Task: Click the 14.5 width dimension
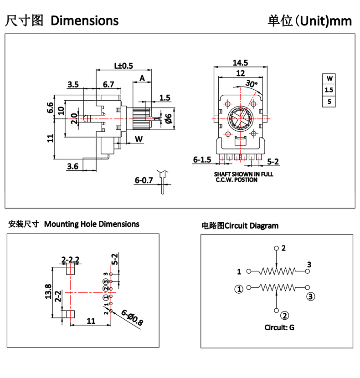pos(240,63)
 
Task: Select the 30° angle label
pos(251,84)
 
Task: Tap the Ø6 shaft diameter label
pos(168,118)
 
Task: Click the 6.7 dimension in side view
pos(108,84)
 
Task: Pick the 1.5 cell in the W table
pos(329,90)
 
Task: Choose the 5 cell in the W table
pos(329,102)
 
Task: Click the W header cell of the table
pos(329,78)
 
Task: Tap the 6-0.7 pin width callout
pos(144,181)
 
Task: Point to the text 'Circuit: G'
pos(279,327)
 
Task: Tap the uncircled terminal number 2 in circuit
pos(283,248)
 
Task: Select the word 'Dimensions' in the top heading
pos(85,20)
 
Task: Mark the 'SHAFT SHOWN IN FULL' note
pos(244,174)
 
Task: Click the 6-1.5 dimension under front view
pos(202,160)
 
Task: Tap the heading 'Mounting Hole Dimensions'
pos(92,224)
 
